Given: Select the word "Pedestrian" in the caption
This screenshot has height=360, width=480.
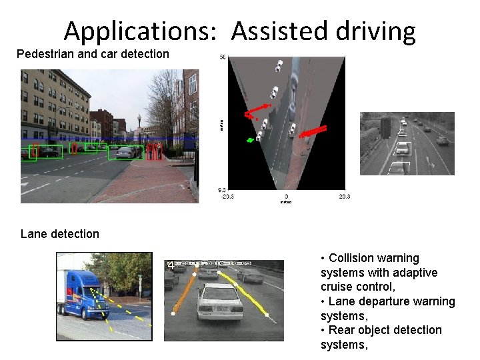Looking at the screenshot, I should (45, 54).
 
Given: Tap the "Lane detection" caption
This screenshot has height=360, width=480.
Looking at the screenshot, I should (60, 234).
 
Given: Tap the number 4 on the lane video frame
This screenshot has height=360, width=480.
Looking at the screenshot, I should (171, 265).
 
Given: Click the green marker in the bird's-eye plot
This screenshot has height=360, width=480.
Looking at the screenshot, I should (250, 140).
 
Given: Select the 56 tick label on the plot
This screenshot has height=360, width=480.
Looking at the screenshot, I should (223, 57).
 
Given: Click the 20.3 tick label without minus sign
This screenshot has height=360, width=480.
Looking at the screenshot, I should (344, 197).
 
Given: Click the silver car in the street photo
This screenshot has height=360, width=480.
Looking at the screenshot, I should (125, 153).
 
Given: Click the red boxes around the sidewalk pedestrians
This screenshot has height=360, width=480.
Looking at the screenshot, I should (154, 151).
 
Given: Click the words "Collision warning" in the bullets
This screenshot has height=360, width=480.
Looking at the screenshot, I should (374, 258).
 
